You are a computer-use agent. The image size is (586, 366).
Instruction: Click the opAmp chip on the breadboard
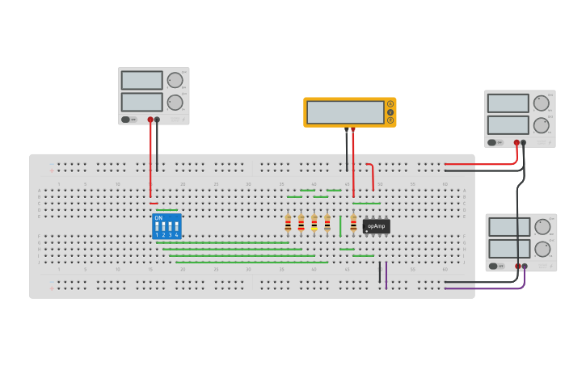[x=376, y=226]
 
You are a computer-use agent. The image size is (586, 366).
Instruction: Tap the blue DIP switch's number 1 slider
[x=158, y=227]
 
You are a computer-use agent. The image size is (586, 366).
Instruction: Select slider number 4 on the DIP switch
[x=176, y=227]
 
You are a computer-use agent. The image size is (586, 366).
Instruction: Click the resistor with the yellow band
[x=314, y=223]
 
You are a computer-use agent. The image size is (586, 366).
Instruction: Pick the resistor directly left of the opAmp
[x=353, y=223]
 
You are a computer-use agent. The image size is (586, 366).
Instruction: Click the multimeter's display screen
[x=345, y=112]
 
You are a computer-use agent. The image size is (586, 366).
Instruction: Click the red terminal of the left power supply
[x=150, y=120]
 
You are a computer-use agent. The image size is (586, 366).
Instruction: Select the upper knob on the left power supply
[x=175, y=80]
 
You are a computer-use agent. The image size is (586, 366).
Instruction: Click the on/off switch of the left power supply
[x=126, y=120]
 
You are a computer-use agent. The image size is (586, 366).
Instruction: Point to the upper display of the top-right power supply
[x=508, y=103]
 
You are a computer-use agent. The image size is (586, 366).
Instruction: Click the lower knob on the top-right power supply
[x=541, y=125]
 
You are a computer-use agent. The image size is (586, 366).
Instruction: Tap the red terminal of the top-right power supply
[x=516, y=142]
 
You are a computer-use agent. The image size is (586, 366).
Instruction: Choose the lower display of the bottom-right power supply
[x=509, y=248]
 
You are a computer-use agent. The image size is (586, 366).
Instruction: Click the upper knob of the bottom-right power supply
[x=542, y=227]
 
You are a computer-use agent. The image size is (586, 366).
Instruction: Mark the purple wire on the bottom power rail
[x=386, y=275]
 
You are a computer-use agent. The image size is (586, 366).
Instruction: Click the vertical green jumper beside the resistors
[x=340, y=225]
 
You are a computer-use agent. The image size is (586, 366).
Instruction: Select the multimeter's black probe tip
[x=347, y=130]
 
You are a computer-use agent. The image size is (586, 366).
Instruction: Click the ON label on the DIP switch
[x=158, y=218]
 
